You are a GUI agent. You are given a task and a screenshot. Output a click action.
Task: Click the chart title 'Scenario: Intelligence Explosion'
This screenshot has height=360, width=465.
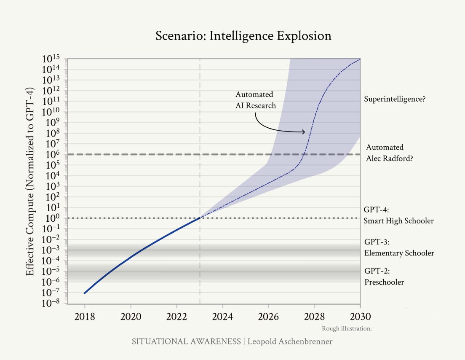tap(243, 36)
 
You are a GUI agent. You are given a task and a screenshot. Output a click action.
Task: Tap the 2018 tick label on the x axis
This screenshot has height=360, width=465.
tap(85, 317)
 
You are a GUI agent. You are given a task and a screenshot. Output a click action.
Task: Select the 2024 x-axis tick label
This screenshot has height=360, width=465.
tap(222, 317)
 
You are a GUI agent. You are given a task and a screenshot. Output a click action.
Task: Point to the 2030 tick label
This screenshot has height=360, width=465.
tap(360, 317)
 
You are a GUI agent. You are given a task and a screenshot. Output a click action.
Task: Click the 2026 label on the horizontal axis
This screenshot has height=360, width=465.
tap(268, 317)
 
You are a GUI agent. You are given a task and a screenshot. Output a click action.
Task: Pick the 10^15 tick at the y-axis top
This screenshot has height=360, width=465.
tap(51, 59)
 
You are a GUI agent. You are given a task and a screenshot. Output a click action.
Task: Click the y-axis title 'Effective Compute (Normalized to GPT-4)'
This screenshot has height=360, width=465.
tap(30, 181)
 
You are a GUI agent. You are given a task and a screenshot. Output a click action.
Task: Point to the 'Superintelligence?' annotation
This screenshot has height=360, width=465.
tap(395, 99)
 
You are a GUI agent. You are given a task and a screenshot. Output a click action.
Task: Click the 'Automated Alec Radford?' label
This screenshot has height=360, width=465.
tap(389, 153)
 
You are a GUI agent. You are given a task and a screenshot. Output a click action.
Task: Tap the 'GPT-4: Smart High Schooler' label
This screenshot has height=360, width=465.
tap(398, 215)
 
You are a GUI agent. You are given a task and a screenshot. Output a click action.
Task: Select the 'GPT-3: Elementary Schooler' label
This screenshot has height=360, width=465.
tap(399, 247)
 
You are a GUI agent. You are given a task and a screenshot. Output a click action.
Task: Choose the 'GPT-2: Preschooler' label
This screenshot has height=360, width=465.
tap(384, 276)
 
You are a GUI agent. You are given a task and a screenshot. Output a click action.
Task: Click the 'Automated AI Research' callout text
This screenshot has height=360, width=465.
tap(256, 100)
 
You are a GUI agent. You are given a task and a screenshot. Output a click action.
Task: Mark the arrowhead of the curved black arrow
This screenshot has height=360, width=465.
tap(304, 132)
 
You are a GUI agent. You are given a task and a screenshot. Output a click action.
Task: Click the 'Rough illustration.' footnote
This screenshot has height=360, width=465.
tap(347, 328)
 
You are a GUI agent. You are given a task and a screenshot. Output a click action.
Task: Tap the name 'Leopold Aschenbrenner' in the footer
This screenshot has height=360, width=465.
tap(290, 341)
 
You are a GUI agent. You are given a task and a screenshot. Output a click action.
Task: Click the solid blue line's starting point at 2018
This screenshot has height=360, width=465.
tap(85, 293)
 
